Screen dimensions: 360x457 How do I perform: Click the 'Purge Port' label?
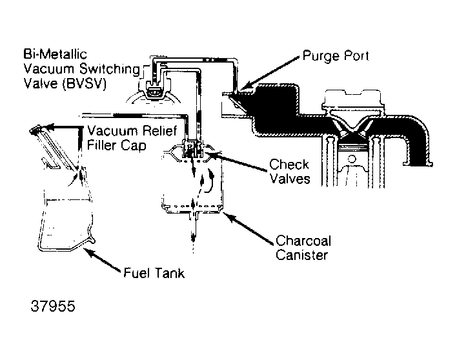[x=335, y=56]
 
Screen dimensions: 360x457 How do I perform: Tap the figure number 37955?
[x=53, y=305]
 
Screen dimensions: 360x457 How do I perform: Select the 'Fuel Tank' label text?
[x=154, y=272]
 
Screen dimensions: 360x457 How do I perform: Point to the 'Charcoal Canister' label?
[x=303, y=248]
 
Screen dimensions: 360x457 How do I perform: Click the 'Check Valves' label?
[x=289, y=171]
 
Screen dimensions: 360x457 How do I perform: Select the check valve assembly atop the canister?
[x=192, y=149]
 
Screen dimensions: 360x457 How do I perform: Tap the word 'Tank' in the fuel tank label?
[x=169, y=272]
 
